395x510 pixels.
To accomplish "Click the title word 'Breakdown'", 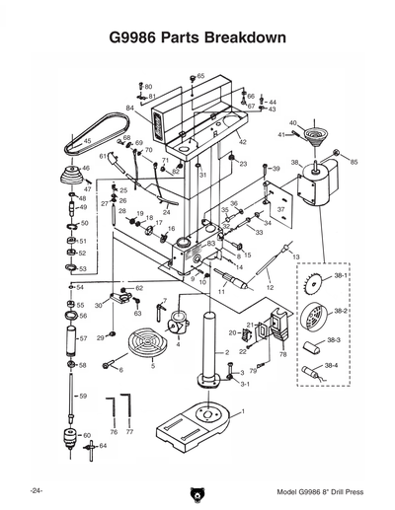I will pyautogui.click(x=245, y=38).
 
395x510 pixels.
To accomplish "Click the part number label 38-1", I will pyautogui.click(x=341, y=279).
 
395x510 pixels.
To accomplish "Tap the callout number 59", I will pyautogui.click(x=83, y=396).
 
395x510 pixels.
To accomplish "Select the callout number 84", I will pyautogui.click(x=130, y=107).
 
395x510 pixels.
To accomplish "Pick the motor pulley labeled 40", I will pyautogui.click(x=318, y=134).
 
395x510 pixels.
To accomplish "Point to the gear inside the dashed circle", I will pyautogui.click(x=314, y=284).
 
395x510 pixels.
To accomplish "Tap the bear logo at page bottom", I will pyautogui.click(x=197, y=493).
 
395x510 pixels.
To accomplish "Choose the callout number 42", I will pyautogui.click(x=242, y=143).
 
